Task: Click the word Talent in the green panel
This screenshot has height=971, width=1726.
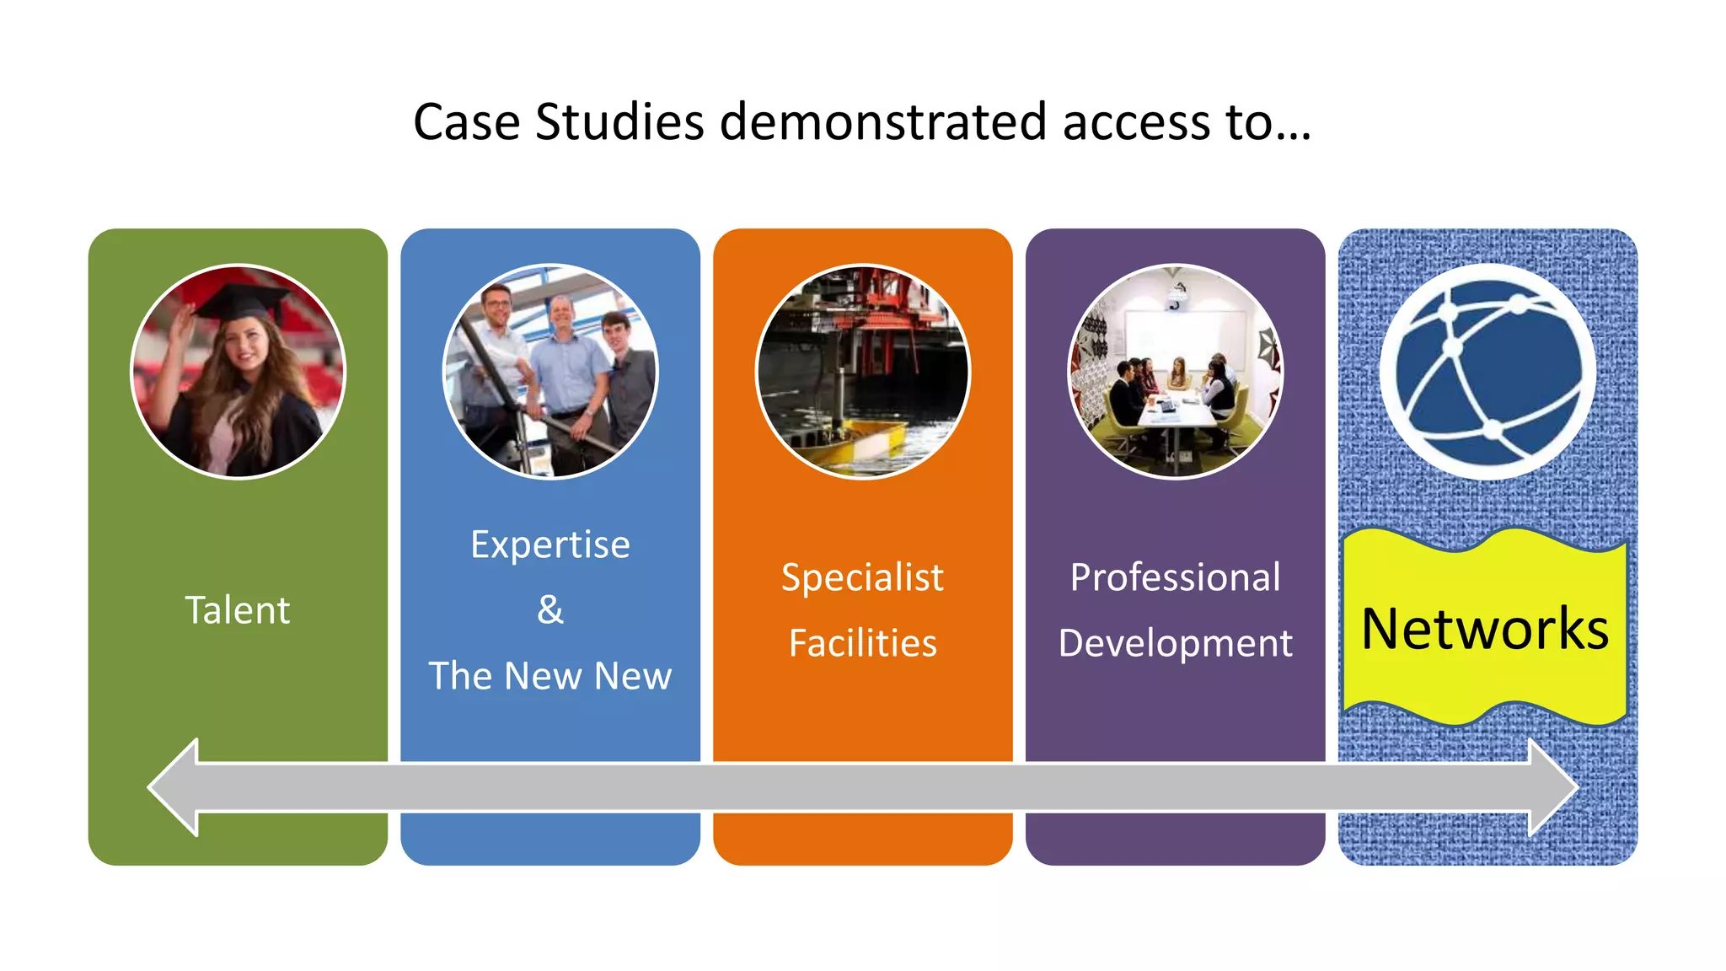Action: (237, 610)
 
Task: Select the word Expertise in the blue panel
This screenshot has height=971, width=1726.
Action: (549, 545)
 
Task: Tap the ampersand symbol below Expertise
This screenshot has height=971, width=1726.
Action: (549, 609)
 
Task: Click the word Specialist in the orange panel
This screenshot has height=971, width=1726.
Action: (862, 578)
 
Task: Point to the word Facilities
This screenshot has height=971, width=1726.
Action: (862, 644)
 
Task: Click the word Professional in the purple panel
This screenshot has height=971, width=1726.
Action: (1175, 578)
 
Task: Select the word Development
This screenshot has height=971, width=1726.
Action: (1175, 644)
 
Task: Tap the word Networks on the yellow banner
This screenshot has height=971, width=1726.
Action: (1485, 629)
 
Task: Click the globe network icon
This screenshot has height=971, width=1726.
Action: (1487, 372)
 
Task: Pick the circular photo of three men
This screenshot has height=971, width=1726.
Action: (549, 372)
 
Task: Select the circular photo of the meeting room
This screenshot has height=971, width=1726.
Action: (1175, 372)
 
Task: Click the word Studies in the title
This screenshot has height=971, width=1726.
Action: (619, 122)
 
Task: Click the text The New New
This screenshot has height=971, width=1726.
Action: (549, 676)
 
